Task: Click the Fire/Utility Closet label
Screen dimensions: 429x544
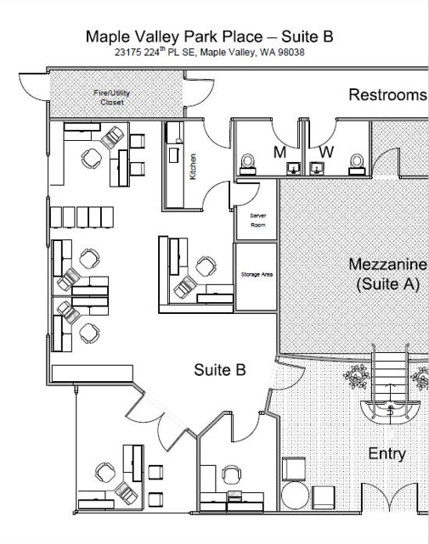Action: pyautogui.click(x=112, y=98)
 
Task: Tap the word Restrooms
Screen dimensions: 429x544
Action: pyautogui.click(x=387, y=95)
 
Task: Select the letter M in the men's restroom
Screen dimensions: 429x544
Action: pyautogui.click(x=279, y=152)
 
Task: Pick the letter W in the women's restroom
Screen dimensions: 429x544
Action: pyautogui.click(x=326, y=152)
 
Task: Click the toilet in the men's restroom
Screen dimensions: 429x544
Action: pyautogui.click(x=248, y=164)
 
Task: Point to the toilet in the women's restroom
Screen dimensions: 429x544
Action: pyautogui.click(x=357, y=164)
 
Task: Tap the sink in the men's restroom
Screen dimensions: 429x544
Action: pyautogui.click(x=294, y=169)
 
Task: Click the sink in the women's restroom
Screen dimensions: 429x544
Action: pyautogui.click(x=317, y=169)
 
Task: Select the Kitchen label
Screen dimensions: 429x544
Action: pyautogui.click(x=193, y=166)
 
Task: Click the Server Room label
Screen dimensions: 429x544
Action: pyautogui.click(x=257, y=221)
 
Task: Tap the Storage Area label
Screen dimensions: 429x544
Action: pyautogui.click(x=257, y=274)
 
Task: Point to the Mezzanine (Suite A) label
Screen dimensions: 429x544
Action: pyautogui.click(x=387, y=274)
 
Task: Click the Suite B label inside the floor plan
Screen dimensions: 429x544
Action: pyautogui.click(x=220, y=370)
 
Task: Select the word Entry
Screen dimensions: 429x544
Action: pyautogui.click(x=387, y=454)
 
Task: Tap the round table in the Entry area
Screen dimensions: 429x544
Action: pyautogui.click(x=295, y=496)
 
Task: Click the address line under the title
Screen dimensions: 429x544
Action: pyautogui.click(x=210, y=52)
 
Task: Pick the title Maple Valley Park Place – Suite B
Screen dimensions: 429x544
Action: pyautogui.click(x=210, y=36)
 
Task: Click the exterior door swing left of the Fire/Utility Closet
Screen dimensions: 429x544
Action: pyautogui.click(x=34, y=86)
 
